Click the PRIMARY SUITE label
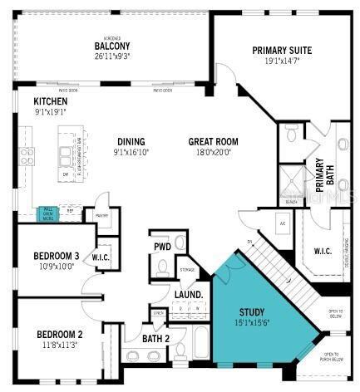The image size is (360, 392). (x=283, y=51)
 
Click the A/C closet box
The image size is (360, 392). (x=283, y=223)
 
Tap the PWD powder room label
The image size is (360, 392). (x=162, y=247)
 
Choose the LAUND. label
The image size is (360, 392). (x=190, y=295)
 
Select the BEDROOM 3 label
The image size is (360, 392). (x=57, y=255)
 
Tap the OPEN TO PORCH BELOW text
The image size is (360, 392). (x=337, y=358)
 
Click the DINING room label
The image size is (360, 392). (x=131, y=141)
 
